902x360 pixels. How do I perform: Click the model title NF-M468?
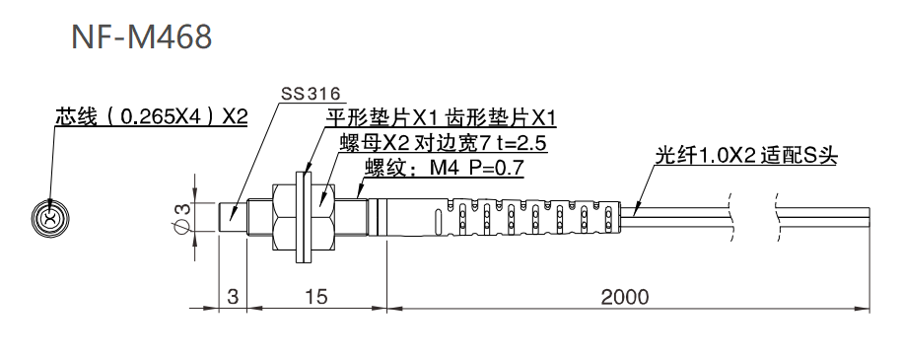142,37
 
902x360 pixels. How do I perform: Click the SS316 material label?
311,95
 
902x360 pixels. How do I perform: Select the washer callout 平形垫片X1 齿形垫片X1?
441,118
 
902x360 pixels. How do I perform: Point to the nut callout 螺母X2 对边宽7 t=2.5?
443,143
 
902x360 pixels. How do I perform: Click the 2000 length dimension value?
623,296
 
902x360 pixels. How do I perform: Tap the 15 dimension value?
316,296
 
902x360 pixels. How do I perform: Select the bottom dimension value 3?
232,296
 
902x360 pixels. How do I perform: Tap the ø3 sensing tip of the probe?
231,217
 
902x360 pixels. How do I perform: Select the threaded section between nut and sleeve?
351,217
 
